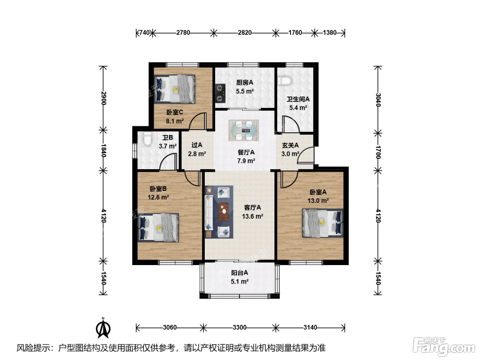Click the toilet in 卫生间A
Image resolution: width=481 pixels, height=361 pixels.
284,80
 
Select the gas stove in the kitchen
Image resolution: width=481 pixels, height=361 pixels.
220,94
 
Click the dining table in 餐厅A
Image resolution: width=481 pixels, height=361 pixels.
244,130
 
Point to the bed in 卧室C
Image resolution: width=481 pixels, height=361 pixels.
175,89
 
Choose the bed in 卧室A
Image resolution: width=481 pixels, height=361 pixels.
323,223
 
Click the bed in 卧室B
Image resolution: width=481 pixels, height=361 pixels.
158,228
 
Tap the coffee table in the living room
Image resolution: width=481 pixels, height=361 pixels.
224,212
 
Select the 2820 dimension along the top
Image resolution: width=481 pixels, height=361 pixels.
245,33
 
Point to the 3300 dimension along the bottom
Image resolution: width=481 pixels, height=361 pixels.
239,327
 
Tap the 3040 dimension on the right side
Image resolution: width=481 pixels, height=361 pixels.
378,100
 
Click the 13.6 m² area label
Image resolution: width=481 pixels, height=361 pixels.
253,216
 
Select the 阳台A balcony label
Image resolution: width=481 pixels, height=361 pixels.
239,273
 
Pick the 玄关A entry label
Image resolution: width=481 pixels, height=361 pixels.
290,145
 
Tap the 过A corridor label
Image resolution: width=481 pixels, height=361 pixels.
197,145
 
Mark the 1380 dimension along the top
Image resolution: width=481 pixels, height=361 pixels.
329,33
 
